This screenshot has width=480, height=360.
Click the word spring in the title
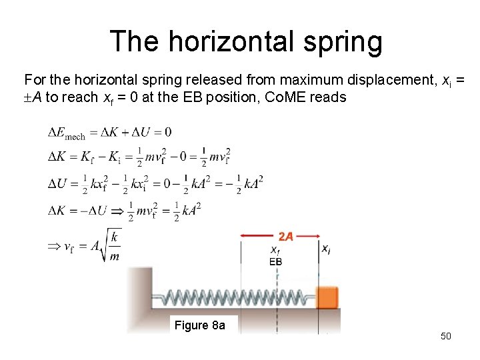tap(341, 41)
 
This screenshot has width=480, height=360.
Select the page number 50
tap(446, 336)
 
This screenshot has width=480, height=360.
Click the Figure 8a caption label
tap(199, 325)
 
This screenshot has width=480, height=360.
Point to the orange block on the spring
tap(328, 297)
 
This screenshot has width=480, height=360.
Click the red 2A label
tap(285, 237)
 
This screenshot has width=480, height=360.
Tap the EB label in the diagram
tap(275, 262)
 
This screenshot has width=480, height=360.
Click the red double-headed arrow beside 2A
tap(259, 235)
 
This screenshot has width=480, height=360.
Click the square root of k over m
tap(109, 247)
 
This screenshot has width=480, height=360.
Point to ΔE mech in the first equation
tap(66, 133)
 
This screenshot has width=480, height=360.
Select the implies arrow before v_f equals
tap(54, 247)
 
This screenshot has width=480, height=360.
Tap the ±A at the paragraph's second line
tap(33, 97)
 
